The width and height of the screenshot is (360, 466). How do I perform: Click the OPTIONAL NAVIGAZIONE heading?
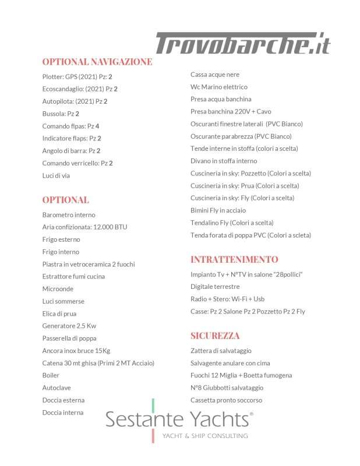click(x=97, y=62)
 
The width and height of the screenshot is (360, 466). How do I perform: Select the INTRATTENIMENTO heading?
click(x=234, y=259)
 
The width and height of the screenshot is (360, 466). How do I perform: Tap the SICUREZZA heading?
click(x=215, y=336)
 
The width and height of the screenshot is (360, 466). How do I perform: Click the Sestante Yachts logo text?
click(x=179, y=418)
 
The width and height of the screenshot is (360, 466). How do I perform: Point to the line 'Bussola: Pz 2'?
click(x=61, y=114)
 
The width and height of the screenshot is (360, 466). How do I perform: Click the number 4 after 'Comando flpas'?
click(x=97, y=126)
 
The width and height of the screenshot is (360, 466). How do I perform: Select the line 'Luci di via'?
click(x=56, y=175)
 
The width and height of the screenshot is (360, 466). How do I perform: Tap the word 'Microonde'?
click(x=58, y=288)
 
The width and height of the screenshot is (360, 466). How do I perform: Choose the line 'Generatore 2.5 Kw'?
click(x=69, y=326)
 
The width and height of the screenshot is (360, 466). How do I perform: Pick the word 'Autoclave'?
click(x=57, y=387)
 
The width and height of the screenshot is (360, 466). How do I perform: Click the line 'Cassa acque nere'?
click(x=215, y=75)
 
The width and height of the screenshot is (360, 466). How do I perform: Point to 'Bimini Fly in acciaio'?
click(x=218, y=210)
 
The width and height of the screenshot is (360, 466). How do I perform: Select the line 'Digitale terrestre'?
click(x=215, y=287)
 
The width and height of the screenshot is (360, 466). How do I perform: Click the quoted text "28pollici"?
click(x=285, y=274)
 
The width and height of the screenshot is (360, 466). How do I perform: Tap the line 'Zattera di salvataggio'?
click(x=221, y=351)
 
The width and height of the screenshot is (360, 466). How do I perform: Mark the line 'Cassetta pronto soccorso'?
click(x=226, y=400)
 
